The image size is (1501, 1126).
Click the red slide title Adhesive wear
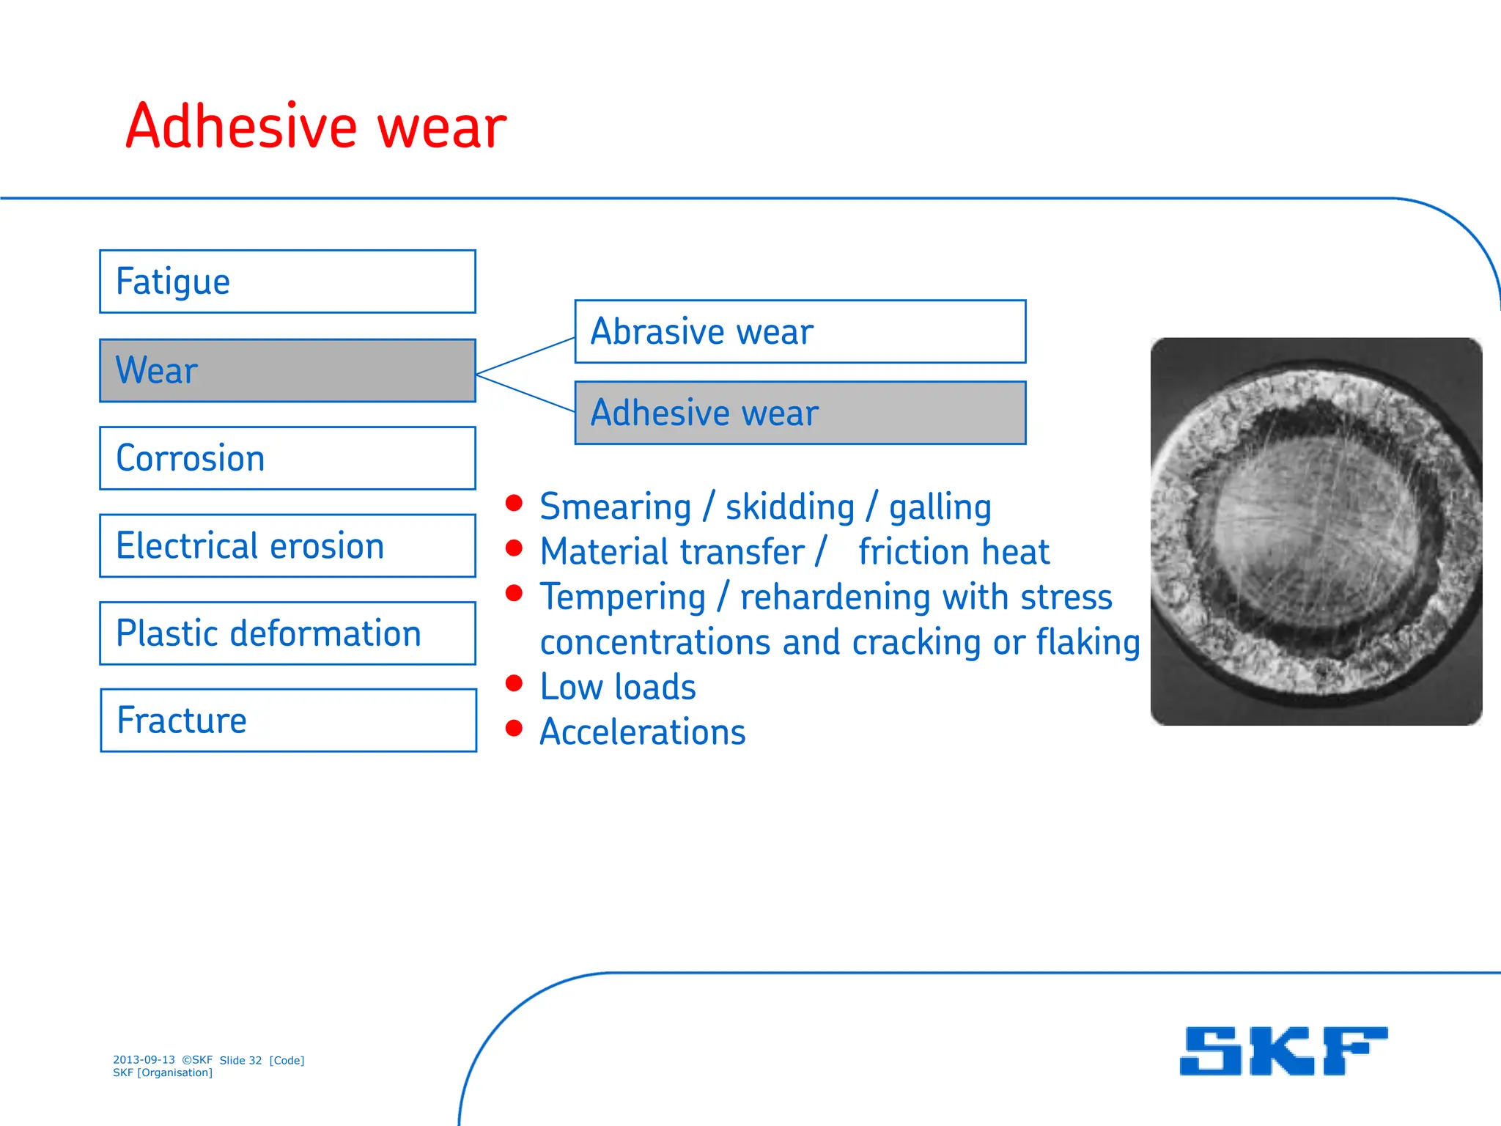click(x=315, y=127)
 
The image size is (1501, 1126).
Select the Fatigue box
click(x=287, y=281)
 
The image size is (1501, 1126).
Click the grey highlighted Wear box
click(x=287, y=370)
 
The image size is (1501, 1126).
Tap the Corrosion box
click(x=287, y=458)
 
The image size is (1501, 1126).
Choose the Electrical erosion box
click(x=287, y=545)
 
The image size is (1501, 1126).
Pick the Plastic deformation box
click(x=287, y=633)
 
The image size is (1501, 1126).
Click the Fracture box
click(x=287, y=720)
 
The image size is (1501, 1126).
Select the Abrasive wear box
click(x=800, y=331)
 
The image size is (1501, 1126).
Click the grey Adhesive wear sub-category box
click(x=800, y=413)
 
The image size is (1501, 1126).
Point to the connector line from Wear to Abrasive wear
click(x=525, y=356)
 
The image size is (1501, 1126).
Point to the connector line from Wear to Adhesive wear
click(x=525, y=393)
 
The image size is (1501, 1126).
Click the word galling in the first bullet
click(x=940, y=507)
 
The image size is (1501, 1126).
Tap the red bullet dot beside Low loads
click(x=514, y=683)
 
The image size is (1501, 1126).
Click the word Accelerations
click(x=643, y=732)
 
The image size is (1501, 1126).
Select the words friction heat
click(x=954, y=552)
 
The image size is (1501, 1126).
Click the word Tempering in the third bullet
click(x=622, y=597)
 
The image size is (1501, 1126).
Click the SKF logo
click(x=1283, y=1050)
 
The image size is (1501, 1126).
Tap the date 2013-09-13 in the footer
click(x=144, y=1059)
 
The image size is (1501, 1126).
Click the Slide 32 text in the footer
click(x=240, y=1060)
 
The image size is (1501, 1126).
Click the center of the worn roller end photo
click(x=1316, y=531)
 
